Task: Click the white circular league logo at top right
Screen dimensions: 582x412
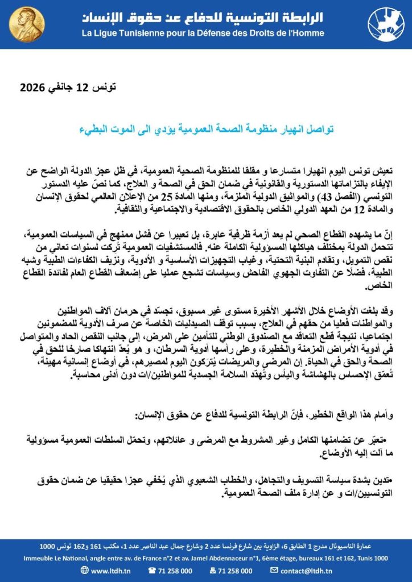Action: tap(387, 23)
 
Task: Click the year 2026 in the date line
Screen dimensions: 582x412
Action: tap(34, 88)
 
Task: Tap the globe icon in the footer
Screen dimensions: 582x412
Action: tap(85, 569)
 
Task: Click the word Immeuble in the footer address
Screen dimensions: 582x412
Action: tap(38, 558)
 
